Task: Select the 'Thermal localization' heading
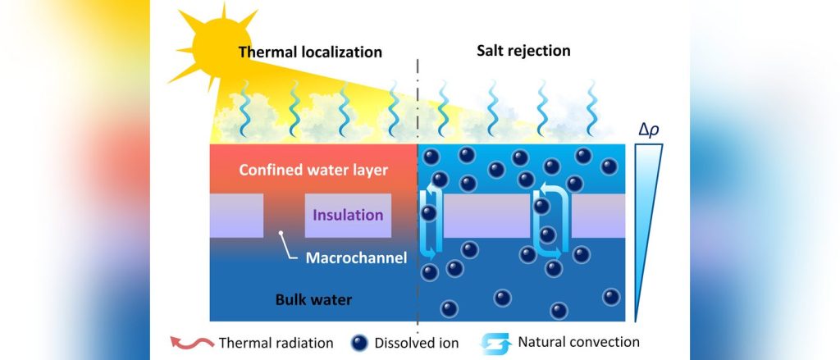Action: tap(310, 52)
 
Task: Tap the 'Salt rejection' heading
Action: tap(523, 51)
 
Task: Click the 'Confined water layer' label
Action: tap(313, 171)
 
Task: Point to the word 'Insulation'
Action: tap(347, 216)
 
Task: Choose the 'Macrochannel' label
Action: tap(356, 258)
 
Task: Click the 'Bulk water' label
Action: tap(313, 299)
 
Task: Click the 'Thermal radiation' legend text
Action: tap(275, 342)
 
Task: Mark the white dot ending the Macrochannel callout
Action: tap(281, 235)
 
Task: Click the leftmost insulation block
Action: tap(236, 216)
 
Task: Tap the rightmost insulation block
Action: tap(598, 216)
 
